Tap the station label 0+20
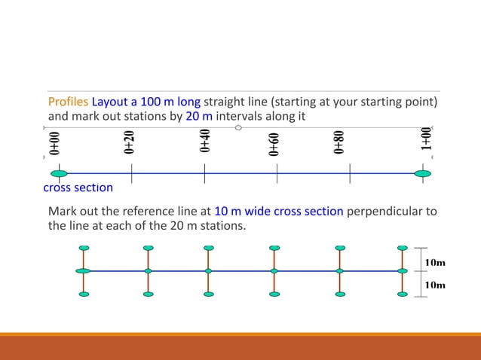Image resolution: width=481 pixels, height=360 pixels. (x=130, y=142)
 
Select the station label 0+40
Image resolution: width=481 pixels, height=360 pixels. (x=204, y=142)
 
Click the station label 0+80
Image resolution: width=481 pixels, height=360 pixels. (x=340, y=142)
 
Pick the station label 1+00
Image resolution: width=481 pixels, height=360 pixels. (x=427, y=141)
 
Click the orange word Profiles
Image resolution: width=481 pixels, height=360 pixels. (x=68, y=102)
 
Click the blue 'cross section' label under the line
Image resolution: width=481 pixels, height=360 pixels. (x=78, y=188)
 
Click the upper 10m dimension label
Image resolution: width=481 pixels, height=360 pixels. (x=435, y=262)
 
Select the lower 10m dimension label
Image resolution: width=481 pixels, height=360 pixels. (x=435, y=285)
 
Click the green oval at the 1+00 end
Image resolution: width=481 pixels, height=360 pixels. (x=423, y=174)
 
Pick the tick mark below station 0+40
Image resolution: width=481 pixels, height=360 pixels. (x=204, y=175)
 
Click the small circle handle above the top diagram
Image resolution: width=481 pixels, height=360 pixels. (x=238, y=127)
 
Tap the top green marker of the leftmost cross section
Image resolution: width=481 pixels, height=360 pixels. (x=84, y=247)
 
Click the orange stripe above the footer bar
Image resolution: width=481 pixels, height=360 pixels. (x=240, y=334)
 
